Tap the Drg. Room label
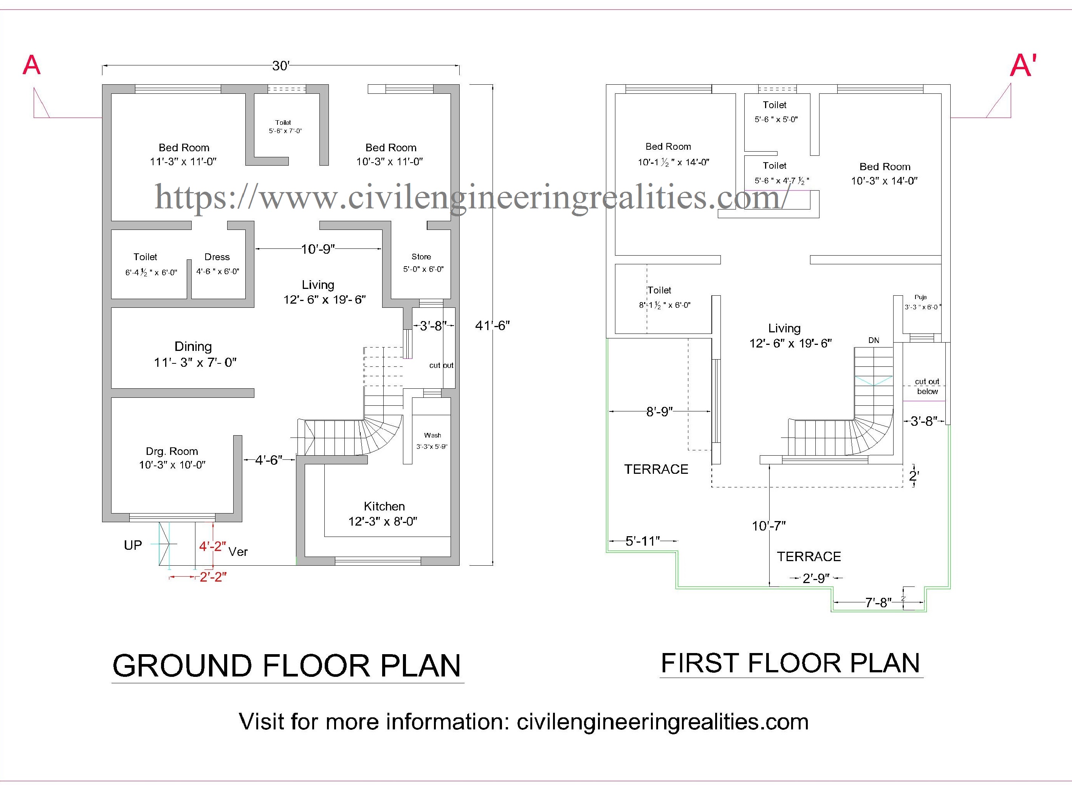coord(172,451)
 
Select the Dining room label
coord(193,346)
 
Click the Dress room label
coord(217,257)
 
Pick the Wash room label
coord(432,435)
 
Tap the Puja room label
coord(920,297)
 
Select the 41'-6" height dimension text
coord(493,326)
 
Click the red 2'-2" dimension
coord(213,577)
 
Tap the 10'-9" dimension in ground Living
coord(318,249)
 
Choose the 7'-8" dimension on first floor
coord(878,602)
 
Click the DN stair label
coord(874,340)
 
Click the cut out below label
coord(927,386)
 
